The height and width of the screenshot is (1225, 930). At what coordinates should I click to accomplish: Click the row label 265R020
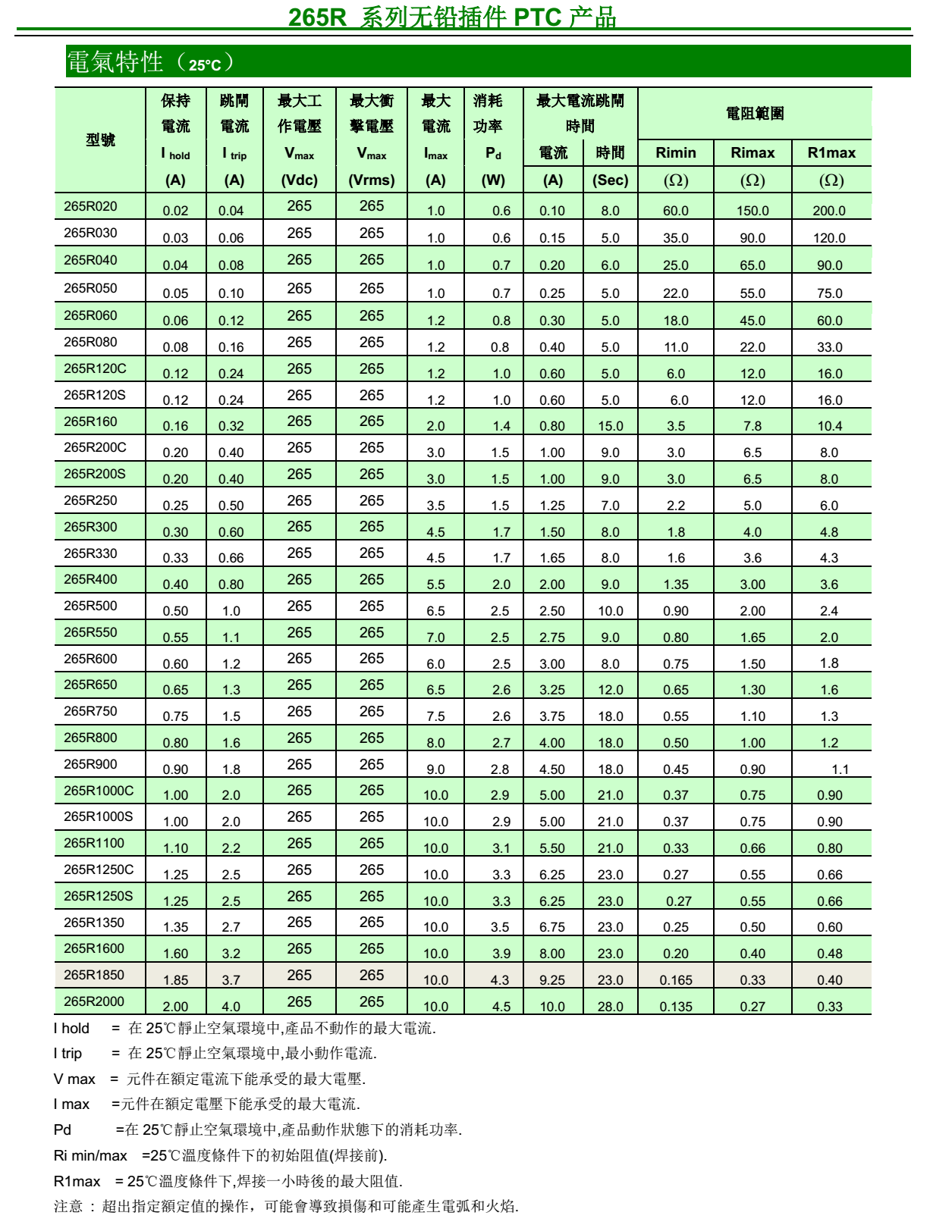90,206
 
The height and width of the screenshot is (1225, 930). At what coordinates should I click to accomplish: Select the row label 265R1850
93,975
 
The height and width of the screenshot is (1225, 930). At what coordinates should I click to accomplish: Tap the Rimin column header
675,153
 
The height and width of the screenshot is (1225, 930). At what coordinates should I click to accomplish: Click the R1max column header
831,153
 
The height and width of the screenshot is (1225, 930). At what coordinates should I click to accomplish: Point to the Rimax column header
752,153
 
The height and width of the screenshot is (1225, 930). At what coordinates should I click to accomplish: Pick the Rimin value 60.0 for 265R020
675,211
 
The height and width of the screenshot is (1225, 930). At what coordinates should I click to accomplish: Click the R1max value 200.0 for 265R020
829,211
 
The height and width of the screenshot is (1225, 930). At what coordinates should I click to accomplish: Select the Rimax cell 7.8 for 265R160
752,426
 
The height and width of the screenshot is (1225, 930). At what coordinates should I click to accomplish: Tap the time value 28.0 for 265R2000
610,1007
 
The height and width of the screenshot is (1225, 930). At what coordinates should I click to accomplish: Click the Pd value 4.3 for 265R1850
500,980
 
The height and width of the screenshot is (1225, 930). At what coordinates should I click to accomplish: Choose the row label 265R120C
95,368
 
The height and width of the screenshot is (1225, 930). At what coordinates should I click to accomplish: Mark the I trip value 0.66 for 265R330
231,558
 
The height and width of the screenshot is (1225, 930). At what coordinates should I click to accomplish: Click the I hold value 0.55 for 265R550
175,638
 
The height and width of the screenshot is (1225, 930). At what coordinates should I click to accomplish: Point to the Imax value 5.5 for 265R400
435,584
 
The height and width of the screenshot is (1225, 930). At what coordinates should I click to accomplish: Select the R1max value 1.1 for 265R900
840,769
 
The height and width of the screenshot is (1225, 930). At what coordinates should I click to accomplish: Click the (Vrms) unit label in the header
372,180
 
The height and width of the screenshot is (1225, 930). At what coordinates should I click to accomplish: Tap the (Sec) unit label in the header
610,180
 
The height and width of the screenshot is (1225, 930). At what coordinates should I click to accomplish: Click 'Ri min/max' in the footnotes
90,1155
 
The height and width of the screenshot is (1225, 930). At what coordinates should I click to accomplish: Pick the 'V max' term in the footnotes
74,1079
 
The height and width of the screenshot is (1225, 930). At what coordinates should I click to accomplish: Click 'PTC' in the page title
538,17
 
